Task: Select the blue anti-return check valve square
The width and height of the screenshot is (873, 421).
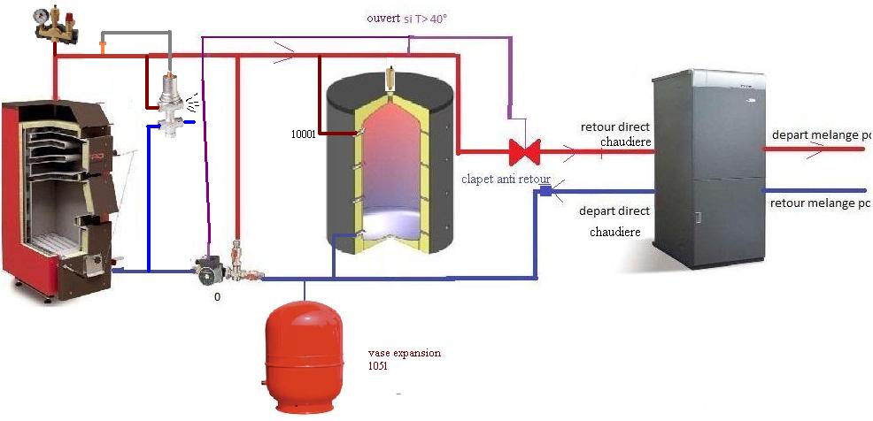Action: (x=545, y=191)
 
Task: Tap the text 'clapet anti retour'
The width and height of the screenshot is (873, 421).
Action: (x=506, y=180)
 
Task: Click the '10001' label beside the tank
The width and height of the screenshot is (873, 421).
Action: (x=303, y=134)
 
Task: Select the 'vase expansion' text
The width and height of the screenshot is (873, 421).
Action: (x=404, y=353)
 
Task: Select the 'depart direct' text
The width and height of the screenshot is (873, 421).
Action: (x=614, y=211)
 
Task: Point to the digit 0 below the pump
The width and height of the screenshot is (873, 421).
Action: (x=217, y=297)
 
